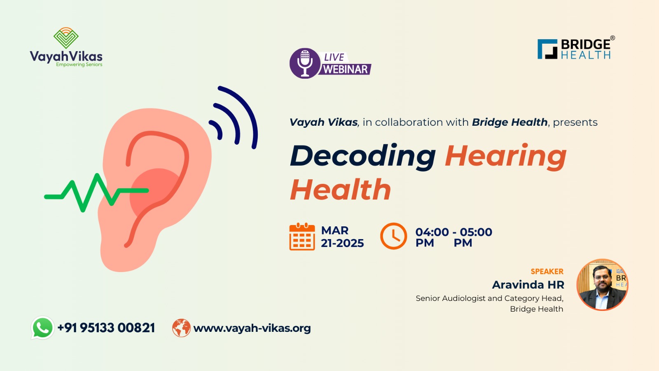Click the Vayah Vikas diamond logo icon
pos(66,38)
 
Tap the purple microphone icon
pos(305,63)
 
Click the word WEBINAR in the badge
pos(346,69)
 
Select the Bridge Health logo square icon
pos(547,49)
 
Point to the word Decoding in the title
pos(363,157)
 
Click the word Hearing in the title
pos(506,157)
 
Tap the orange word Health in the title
pos(340,190)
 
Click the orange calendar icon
pos(302,237)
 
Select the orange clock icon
pos(394,236)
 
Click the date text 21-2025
pos(342,243)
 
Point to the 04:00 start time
pos(432,232)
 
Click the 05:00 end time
pos(476,232)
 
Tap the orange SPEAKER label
pos(547,271)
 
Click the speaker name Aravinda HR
pos(528,285)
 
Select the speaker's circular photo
pos(602,285)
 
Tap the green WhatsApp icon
pos(43,328)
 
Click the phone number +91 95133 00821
pos(106,328)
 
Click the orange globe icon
pos(181,328)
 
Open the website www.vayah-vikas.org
pos(252,328)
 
